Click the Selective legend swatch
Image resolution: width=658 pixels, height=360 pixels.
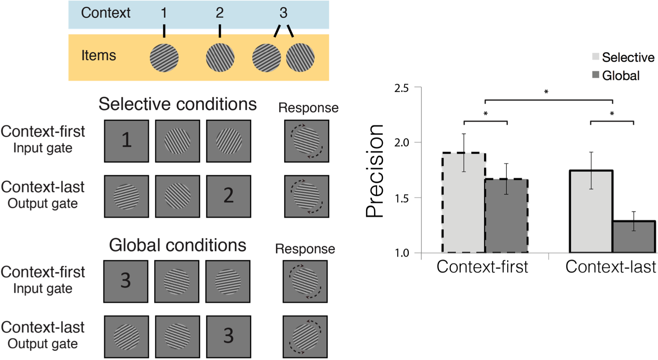pos(596,57)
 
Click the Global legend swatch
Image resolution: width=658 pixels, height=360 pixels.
pos(596,75)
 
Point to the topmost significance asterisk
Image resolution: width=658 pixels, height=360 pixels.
pos(546,92)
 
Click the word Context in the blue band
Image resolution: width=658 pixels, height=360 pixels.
pos(106,13)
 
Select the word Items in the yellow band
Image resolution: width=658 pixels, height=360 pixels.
pos(99,55)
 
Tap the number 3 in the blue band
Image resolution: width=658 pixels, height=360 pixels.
pos(283,13)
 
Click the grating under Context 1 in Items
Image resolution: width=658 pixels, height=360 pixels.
pos(164,58)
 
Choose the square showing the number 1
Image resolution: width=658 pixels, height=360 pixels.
pos(126,141)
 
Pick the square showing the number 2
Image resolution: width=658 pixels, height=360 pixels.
pos(228,196)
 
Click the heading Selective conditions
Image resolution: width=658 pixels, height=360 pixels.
pos(177,104)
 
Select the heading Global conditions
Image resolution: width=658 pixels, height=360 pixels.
pos(177,245)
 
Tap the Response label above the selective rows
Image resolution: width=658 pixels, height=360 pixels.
pos(308,108)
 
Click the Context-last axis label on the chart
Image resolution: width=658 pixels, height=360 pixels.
pos(611,265)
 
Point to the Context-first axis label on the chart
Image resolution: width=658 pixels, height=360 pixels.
pos(482,265)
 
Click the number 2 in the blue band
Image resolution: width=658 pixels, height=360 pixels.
pos(220,13)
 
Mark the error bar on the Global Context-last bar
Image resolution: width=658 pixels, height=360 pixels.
pos(634,221)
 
